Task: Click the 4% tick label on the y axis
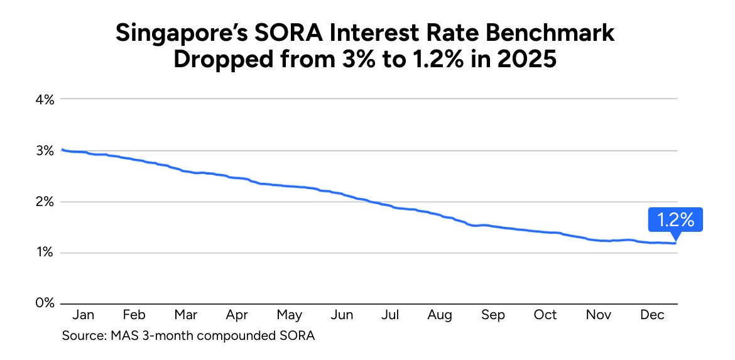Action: coord(45,99)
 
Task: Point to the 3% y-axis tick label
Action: coord(45,151)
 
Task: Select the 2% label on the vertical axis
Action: coord(45,202)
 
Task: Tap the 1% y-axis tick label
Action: coord(45,253)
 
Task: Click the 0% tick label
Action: coord(45,303)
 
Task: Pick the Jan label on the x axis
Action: coord(83,315)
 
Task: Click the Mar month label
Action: coord(185,315)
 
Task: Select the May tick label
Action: coord(289,315)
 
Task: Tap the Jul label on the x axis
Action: coord(391,315)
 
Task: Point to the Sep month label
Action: coord(493,315)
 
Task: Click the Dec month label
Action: coord(652,315)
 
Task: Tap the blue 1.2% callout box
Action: coord(675,220)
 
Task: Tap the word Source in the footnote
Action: coord(82,335)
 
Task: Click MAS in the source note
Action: coord(122,335)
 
